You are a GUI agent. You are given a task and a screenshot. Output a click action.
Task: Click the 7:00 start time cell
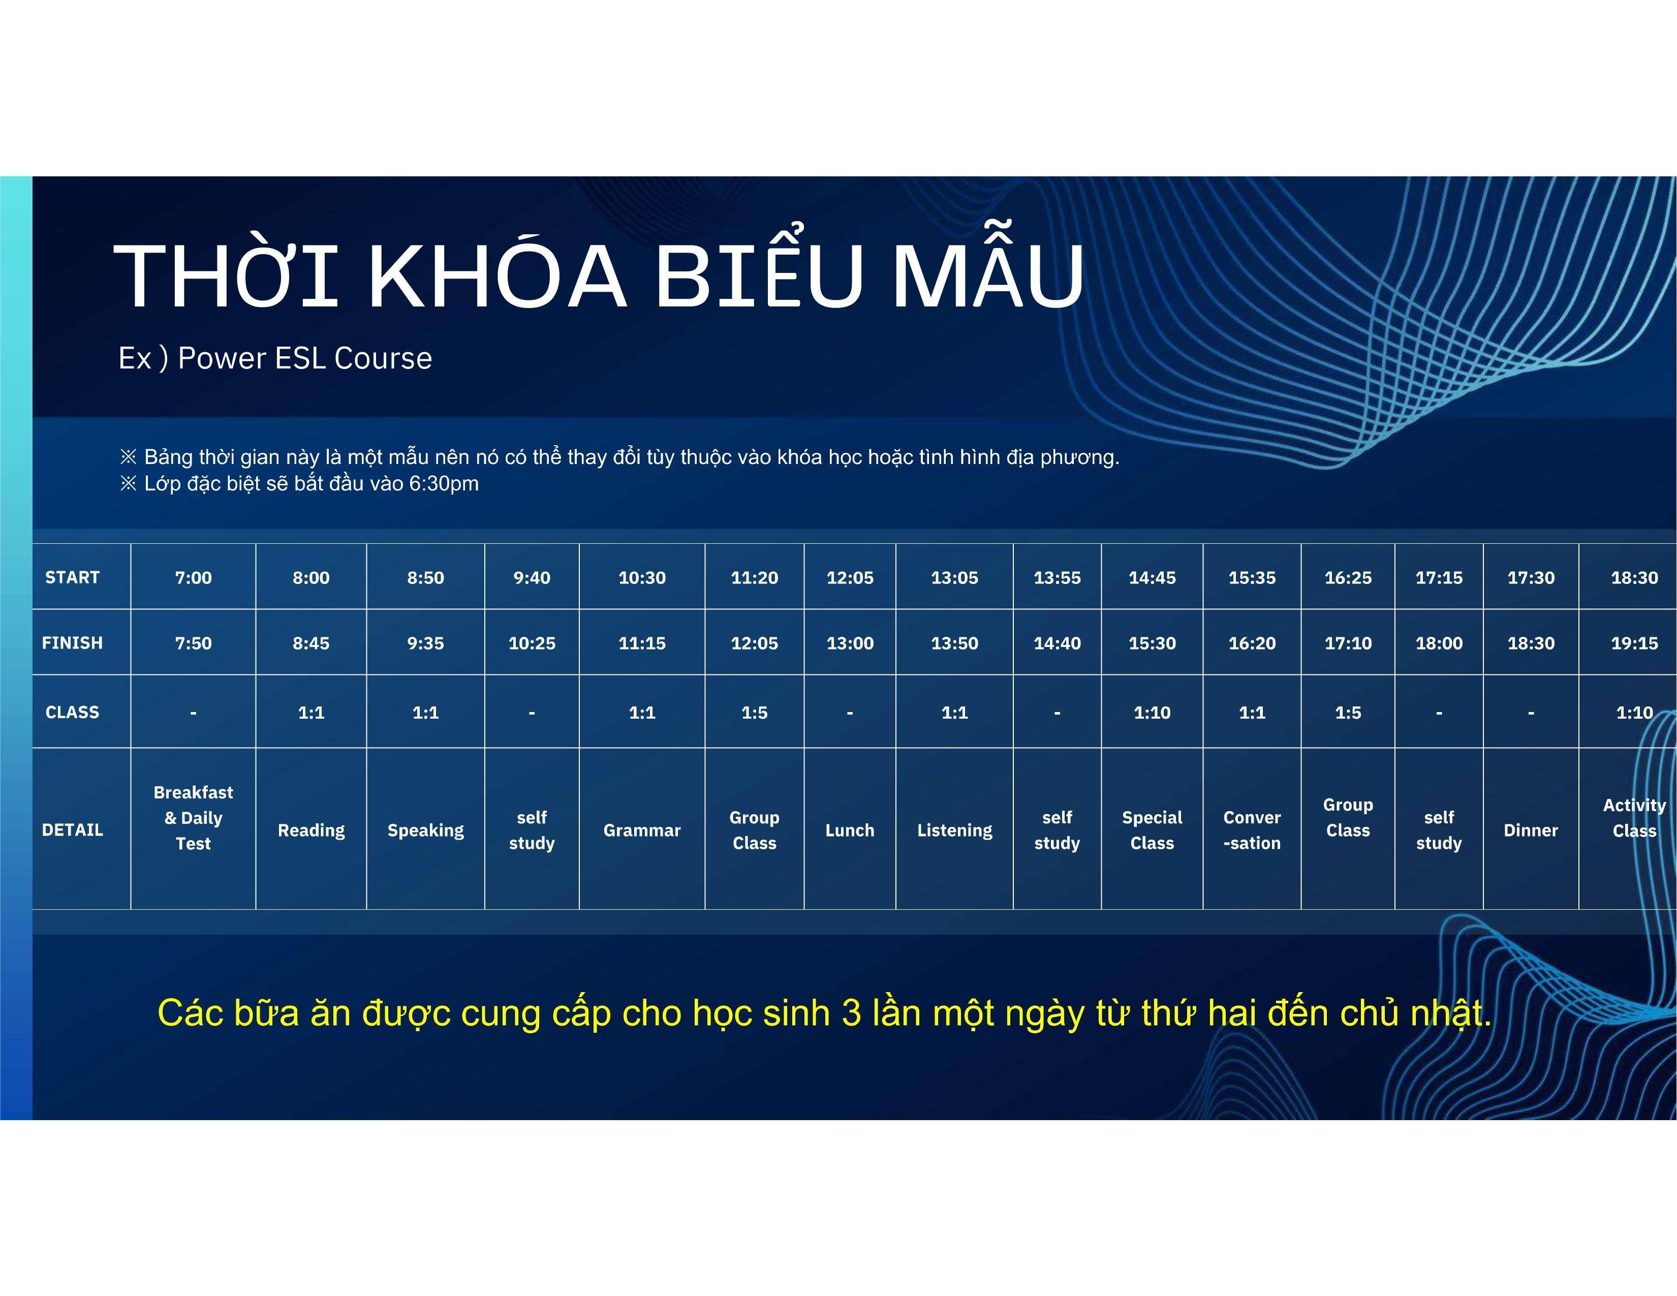[193, 577]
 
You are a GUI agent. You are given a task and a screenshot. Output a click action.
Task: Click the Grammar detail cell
[642, 830]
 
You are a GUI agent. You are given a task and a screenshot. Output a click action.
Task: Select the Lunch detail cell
[849, 830]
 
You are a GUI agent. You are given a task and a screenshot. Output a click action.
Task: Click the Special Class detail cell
[1152, 830]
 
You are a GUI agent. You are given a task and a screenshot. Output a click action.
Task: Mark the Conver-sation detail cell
[1252, 830]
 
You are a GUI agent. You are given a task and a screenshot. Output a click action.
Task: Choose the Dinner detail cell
[1530, 830]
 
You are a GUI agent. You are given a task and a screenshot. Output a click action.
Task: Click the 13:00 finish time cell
[849, 642]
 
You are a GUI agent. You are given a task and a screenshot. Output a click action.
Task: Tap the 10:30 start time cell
[642, 577]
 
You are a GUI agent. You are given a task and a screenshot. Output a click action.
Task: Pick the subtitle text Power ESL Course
[305, 358]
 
